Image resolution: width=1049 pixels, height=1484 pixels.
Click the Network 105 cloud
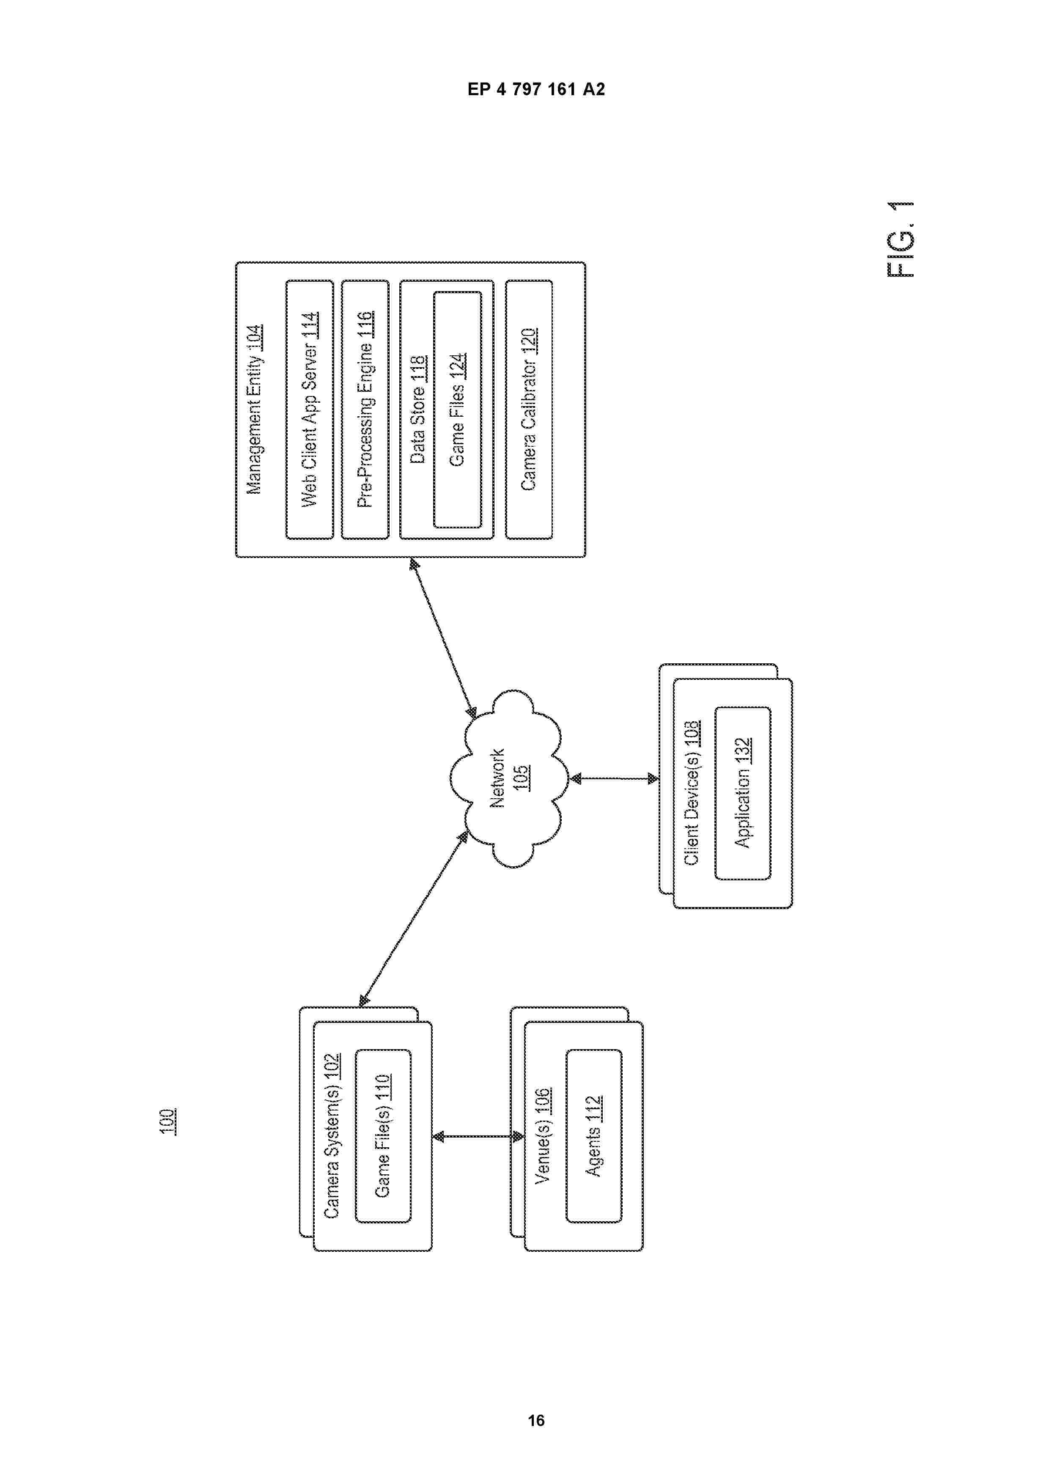pyautogui.click(x=509, y=779)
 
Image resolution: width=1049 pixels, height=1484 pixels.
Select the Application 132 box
pyautogui.click(x=743, y=793)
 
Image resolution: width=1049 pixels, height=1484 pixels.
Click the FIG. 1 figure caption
pyautogui.click(x=901, y=239)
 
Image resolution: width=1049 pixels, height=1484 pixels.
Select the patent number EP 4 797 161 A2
pyautogui.click(x=536, y=89)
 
